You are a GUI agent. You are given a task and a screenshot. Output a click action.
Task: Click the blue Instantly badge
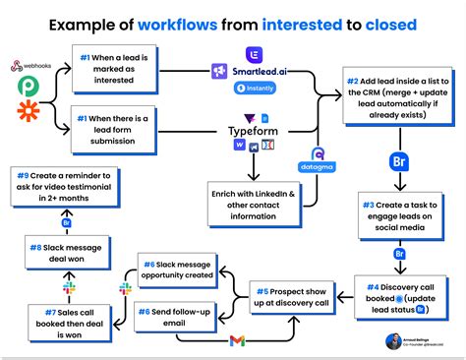point(255,89)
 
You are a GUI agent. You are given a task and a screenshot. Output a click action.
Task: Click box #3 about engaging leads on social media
point(400,215)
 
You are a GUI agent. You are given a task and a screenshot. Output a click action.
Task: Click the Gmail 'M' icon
point(236,340)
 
